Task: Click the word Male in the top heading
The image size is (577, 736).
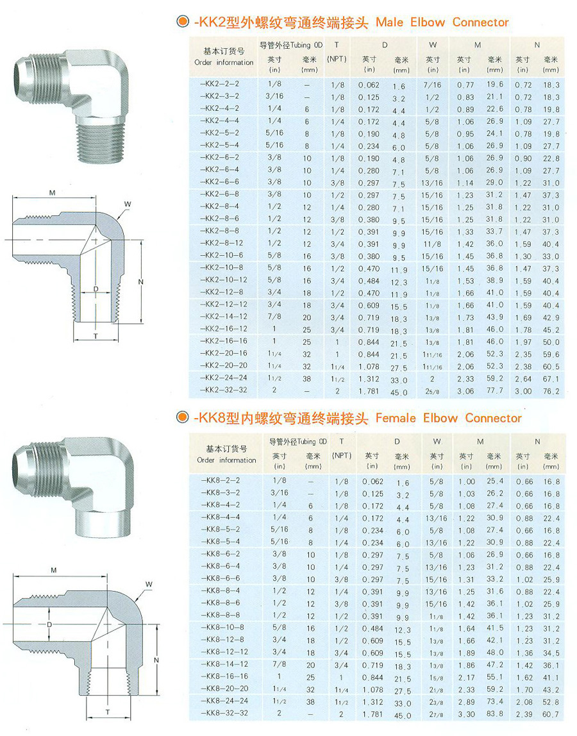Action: click(x=389, y=22)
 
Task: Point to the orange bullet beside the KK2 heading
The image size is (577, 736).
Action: click(x=182, y=22)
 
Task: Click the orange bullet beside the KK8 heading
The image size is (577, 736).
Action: click(x=182, y=417)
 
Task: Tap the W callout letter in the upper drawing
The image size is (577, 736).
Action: click(x=128, y=204)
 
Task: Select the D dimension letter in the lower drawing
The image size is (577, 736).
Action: click(x=49, y=624)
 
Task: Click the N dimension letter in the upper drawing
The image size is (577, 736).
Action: click(x=140, y=281)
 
